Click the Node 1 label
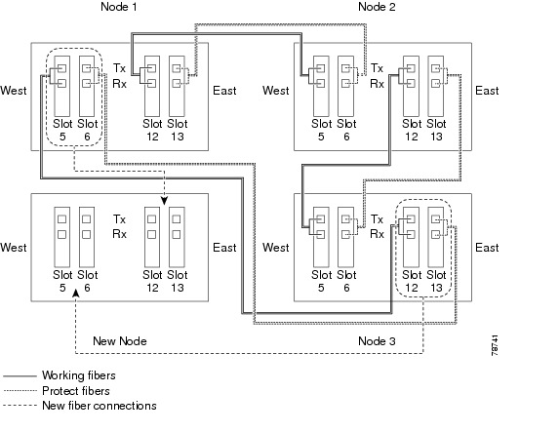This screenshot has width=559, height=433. point(119,7)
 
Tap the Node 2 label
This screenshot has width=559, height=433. point(377,7)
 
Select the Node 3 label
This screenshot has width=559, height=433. point(377,341)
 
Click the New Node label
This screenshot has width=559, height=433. point(120,341)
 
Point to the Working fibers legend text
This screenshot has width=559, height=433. point(79,375)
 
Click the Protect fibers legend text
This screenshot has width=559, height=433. point(76,391)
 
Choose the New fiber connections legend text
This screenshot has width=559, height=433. point(100,406)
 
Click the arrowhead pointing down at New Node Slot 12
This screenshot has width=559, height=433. point(164,201)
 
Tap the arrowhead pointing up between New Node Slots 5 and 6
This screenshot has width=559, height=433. point(75,293)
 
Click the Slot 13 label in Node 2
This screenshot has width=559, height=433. point(436,130)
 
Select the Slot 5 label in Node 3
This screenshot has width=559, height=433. point(321,281)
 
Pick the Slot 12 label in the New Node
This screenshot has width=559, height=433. point(152,281)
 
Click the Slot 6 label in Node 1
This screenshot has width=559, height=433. point(88,130)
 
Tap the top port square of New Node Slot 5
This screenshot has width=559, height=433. point(62,218)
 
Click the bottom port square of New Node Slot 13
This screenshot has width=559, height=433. point(177,234)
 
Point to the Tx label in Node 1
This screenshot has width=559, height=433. point(119,67)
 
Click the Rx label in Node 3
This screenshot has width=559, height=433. point(377,234)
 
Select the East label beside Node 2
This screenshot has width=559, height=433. point(487,91)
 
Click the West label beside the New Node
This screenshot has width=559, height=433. point(14,248)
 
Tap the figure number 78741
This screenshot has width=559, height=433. point(495,345)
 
